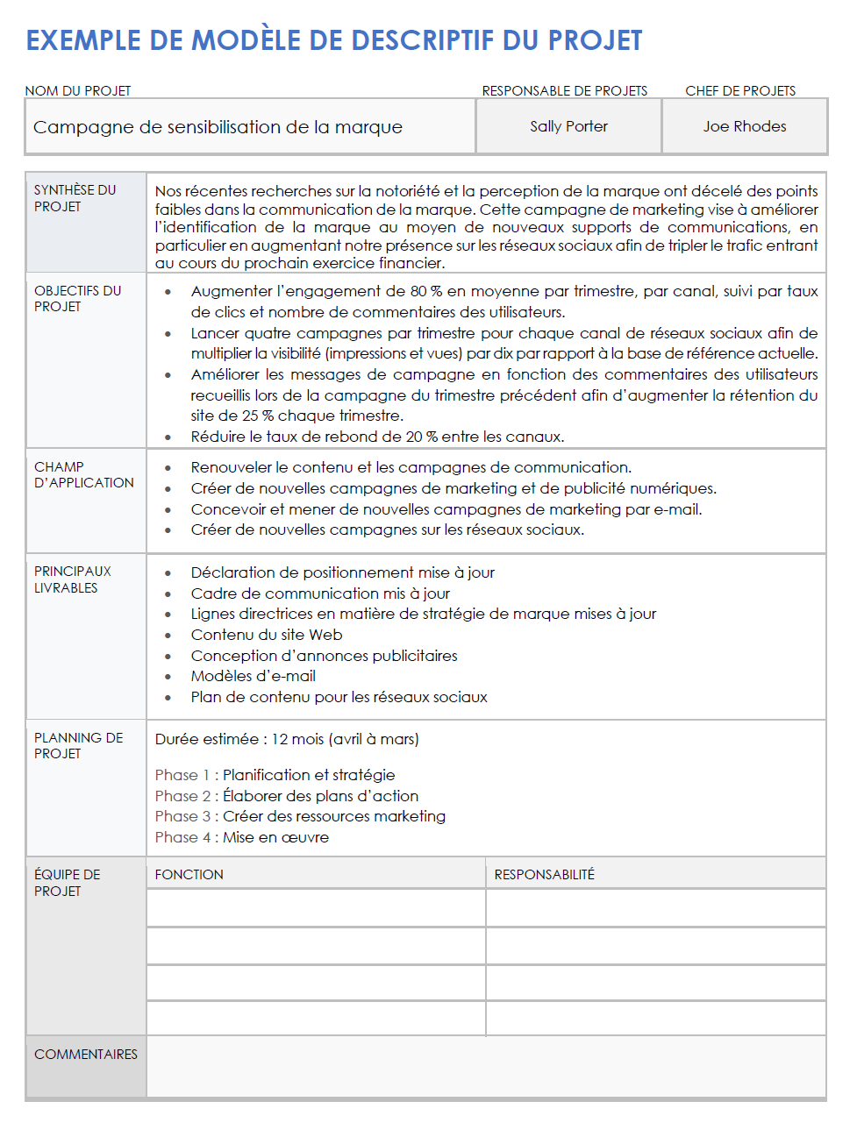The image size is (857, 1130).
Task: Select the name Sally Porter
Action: [568, 126]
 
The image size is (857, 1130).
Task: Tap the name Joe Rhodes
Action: [744, 126]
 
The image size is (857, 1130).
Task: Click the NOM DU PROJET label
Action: [78, 90]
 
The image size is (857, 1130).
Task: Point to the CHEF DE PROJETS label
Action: [740, 90]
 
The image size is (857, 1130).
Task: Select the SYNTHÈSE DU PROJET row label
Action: [75, 198]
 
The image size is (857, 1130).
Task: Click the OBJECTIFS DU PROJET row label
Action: [77, 298]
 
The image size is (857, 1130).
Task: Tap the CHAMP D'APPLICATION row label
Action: [83, 474]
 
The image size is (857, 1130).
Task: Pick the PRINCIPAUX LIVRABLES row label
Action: [72, 579]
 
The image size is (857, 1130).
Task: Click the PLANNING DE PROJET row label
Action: [78, 745]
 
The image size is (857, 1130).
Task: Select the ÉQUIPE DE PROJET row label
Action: [67, 883]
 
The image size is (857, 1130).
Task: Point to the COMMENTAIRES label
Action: [86, 1054]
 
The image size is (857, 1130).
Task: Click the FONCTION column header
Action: [189, 874]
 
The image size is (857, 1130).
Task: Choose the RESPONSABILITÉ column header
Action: [544, 874]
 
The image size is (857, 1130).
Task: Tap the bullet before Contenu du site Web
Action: [168, 635]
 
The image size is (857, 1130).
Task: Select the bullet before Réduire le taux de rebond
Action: [168, 437]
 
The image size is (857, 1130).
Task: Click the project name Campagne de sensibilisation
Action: [218, 127]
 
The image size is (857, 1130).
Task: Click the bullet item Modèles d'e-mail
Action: [253, 676]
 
